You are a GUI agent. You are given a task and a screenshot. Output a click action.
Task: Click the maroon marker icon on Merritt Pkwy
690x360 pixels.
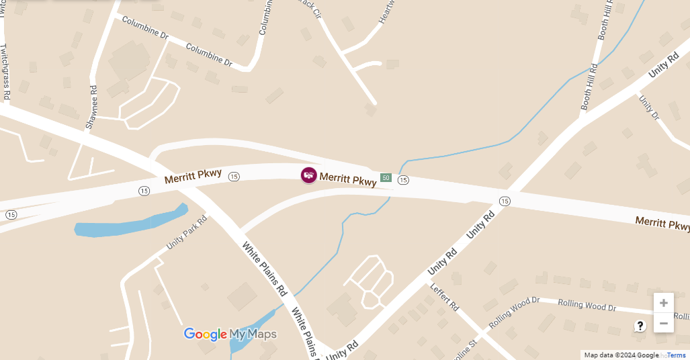pos(308,175)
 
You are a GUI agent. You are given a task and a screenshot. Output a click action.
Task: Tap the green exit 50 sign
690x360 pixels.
pos(386,177)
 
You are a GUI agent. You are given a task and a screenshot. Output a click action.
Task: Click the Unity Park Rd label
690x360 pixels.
pos(186,232)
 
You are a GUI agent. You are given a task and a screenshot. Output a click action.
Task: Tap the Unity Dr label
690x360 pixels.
pos(649,107)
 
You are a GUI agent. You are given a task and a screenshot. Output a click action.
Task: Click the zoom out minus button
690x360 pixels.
pos(663,323)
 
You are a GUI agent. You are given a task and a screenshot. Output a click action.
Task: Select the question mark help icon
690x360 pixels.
pos(640,326)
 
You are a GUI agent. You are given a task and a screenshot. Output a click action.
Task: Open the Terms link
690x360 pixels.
pos(677,355)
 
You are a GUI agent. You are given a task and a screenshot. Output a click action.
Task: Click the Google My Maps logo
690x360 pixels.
pos(230,334)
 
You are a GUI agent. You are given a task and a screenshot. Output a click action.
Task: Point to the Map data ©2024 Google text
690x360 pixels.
pos(621,355)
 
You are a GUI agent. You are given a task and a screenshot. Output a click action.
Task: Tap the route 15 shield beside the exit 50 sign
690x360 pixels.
pos(403,180)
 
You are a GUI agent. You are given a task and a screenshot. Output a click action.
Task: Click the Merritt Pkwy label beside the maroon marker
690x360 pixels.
pos(347,179)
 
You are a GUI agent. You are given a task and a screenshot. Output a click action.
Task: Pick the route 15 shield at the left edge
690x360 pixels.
pos(11,214)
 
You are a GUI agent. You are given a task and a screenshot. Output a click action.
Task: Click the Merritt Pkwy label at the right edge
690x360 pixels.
pos(662,222)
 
